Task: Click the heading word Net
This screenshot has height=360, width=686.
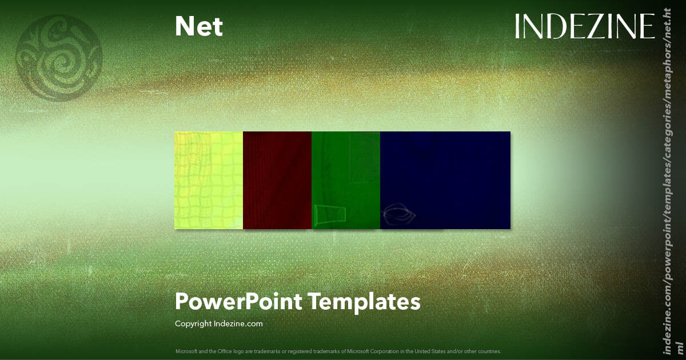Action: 199,27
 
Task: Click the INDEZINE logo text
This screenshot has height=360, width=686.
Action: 584,27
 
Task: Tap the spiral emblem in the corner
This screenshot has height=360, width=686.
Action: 59,58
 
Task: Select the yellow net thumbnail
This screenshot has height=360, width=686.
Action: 209,180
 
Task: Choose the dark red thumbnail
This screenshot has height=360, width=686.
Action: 277,180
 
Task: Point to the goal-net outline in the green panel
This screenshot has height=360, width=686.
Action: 330,215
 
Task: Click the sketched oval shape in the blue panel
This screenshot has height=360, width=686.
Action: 398,214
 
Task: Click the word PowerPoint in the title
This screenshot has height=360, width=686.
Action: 238,301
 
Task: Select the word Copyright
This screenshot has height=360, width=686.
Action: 193,323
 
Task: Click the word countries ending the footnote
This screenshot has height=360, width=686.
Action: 490,351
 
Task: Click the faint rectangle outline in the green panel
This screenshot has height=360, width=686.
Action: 366,157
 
